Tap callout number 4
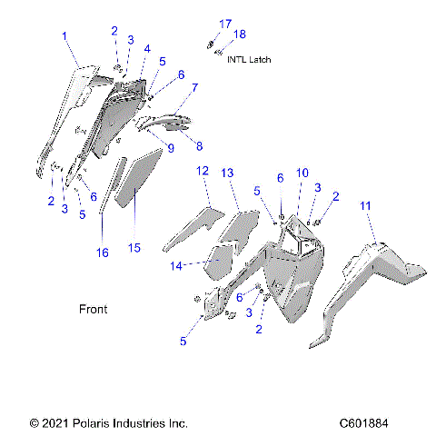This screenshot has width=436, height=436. [x=147, y=48]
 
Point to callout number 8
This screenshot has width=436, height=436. [x=199, y=144]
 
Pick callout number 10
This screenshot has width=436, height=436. [x=302, y=172]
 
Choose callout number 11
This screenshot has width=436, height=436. [x=366, y=207]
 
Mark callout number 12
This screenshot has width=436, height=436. [x=203, y=171]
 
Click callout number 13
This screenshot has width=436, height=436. [x=228, y=173]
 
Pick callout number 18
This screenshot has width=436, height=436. [x=241, y=35]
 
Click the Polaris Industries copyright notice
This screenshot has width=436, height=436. [x=109, y=423]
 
